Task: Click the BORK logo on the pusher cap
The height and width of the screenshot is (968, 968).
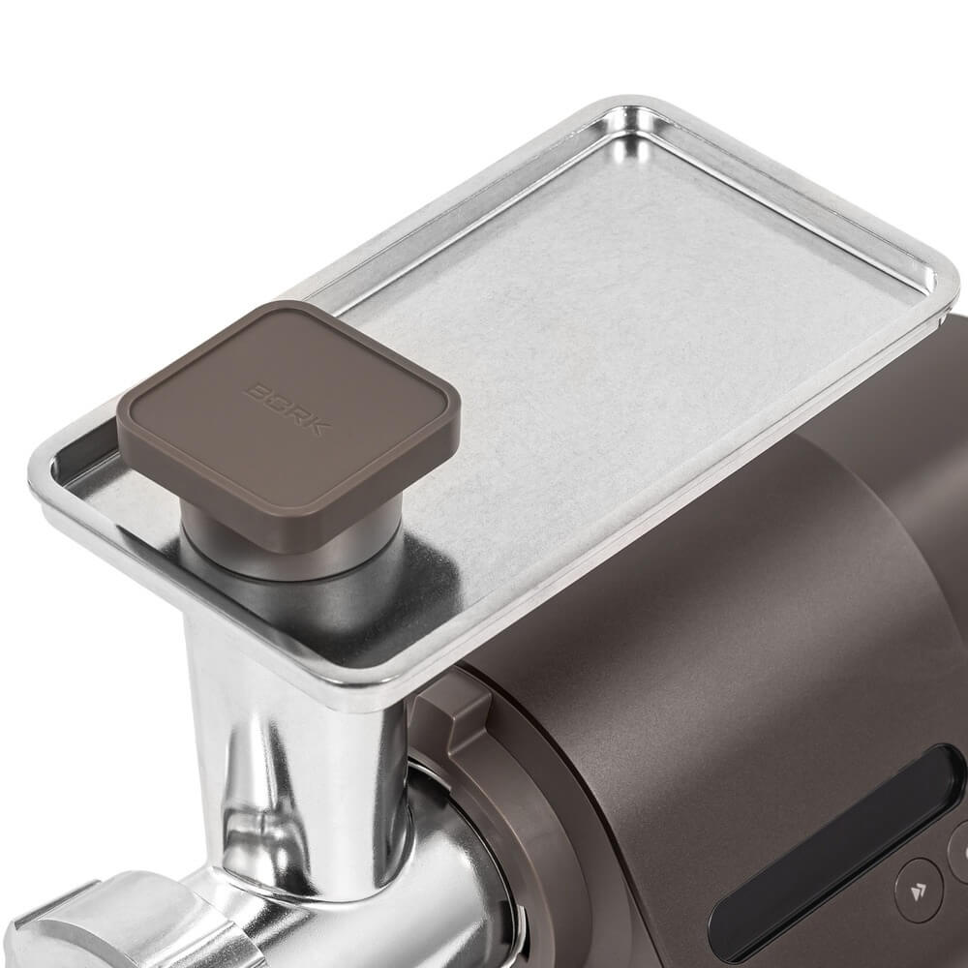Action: [288, 408]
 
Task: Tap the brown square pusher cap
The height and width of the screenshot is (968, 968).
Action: [288, 420]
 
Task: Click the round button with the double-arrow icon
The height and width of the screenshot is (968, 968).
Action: [919, 891]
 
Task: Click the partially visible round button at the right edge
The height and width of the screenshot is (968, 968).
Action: [958, 851]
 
